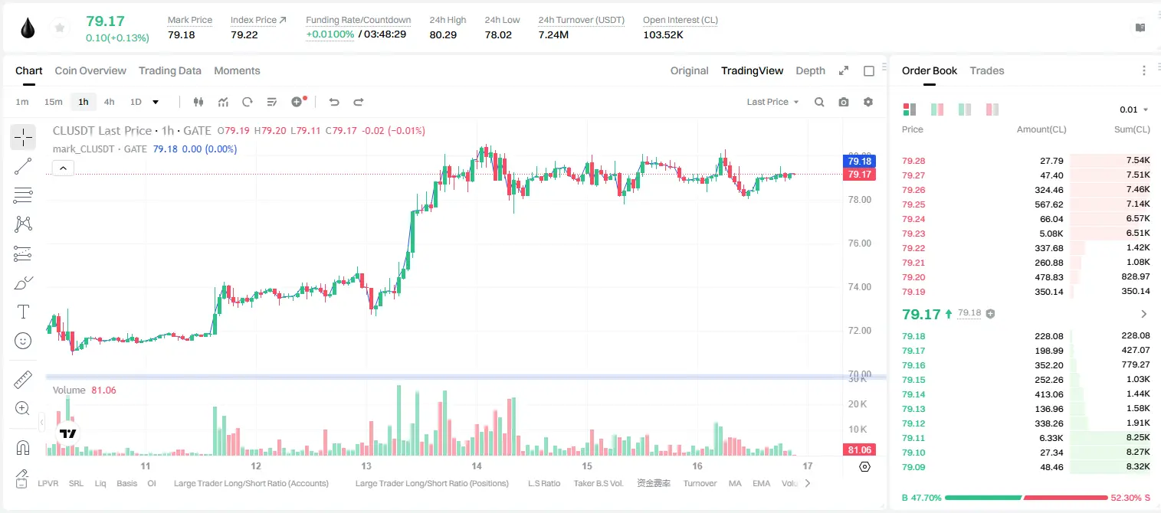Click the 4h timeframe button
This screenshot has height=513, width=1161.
[x=109, y=102]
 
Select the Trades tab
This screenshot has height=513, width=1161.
[x=987, y=71]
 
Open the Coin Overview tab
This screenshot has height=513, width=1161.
[x=90, y=71]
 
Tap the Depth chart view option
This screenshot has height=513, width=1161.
[x=810, y=71]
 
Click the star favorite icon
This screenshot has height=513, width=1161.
[x=60, y=28]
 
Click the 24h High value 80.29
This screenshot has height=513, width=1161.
[x=443, y=34]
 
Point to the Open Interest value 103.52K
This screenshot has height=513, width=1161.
[x=663, y=34]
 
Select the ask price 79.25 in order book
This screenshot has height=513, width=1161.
[x=913, y=204]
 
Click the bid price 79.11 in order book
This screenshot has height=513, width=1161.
[x=913, y=438]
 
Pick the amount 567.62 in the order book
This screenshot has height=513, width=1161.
[x=1048, y=204]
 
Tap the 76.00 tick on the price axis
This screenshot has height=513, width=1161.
[x=859, y=243]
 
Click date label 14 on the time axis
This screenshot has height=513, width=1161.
[x=477, y=466]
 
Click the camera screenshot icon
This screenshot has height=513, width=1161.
[x=843, y=102]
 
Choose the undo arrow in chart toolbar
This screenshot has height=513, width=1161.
[x=334, y=102]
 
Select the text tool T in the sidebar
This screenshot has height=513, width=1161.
[x=23, y=312]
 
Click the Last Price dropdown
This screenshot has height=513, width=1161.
[x=772, y=102]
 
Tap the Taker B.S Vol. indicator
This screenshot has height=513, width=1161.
[x=598, y=483]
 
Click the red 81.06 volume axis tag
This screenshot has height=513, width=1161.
[x=859, y=450]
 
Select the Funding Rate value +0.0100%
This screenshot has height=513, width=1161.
[x=330, y=34]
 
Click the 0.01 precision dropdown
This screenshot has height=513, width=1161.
[x=1133, y=109]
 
